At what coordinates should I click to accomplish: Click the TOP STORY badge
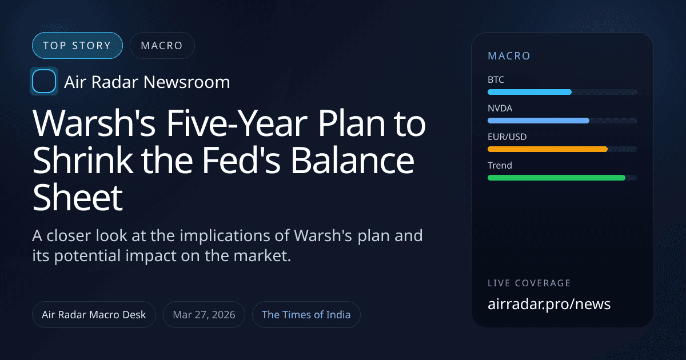77,46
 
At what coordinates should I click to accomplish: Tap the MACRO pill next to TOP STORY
162,46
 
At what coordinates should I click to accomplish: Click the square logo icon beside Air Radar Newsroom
43,81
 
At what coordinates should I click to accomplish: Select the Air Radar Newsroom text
147,82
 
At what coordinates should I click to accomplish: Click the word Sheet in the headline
78,198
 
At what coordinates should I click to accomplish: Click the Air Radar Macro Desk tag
94,315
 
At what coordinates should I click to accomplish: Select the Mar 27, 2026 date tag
204,315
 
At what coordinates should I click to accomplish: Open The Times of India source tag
306,315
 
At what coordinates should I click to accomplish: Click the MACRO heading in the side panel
509,56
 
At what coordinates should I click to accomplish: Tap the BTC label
496,80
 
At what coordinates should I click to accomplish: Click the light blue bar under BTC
529,92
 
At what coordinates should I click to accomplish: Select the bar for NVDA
538,121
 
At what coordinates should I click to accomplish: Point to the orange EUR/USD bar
547,149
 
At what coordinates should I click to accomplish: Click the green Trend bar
556,178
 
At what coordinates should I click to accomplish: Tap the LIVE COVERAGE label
529,283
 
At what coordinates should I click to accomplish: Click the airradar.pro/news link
549,304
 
